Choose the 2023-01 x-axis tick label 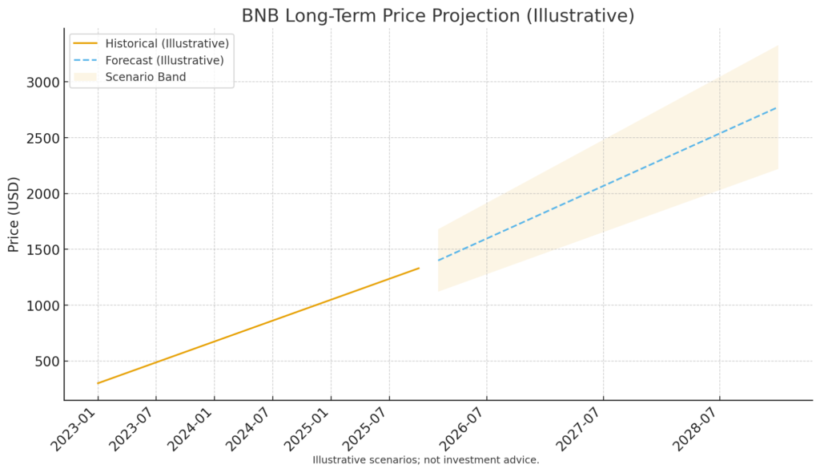[x=74, y=430]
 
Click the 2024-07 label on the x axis [x=249, y=430]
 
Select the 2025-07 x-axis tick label [x=365, y=430]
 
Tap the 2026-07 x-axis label [x=463, y=430]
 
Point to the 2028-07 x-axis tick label [x=696, y=430]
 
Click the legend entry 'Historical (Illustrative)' [x=167, y=43]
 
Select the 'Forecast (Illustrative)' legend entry [x=164, y=60]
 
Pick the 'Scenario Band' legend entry [x=145, y=77]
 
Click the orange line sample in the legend [x=86, y=43]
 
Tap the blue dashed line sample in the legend [x=86, y=60]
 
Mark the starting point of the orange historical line [x=98, y=383]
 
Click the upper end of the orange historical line [x=419, y=268]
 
